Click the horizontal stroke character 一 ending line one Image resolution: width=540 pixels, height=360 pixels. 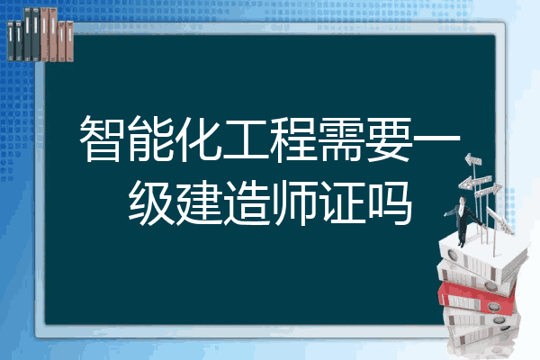pyautogui.click(x=436, y=139)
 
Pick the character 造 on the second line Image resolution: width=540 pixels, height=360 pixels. pyautogui.click(x=245, y=203)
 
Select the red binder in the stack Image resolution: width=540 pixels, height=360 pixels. pyautogui.click(x=477, y=298)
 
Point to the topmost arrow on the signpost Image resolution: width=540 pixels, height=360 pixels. pyautogui.click(x=473, y=160)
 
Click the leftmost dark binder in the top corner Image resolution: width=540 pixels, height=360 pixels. pyautogui.click(x=11, y=41)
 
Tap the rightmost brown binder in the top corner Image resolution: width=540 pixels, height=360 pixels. pyautogui.click(x=69, y=41)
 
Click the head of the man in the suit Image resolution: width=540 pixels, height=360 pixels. pyautogui.click(x=463, y=200)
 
